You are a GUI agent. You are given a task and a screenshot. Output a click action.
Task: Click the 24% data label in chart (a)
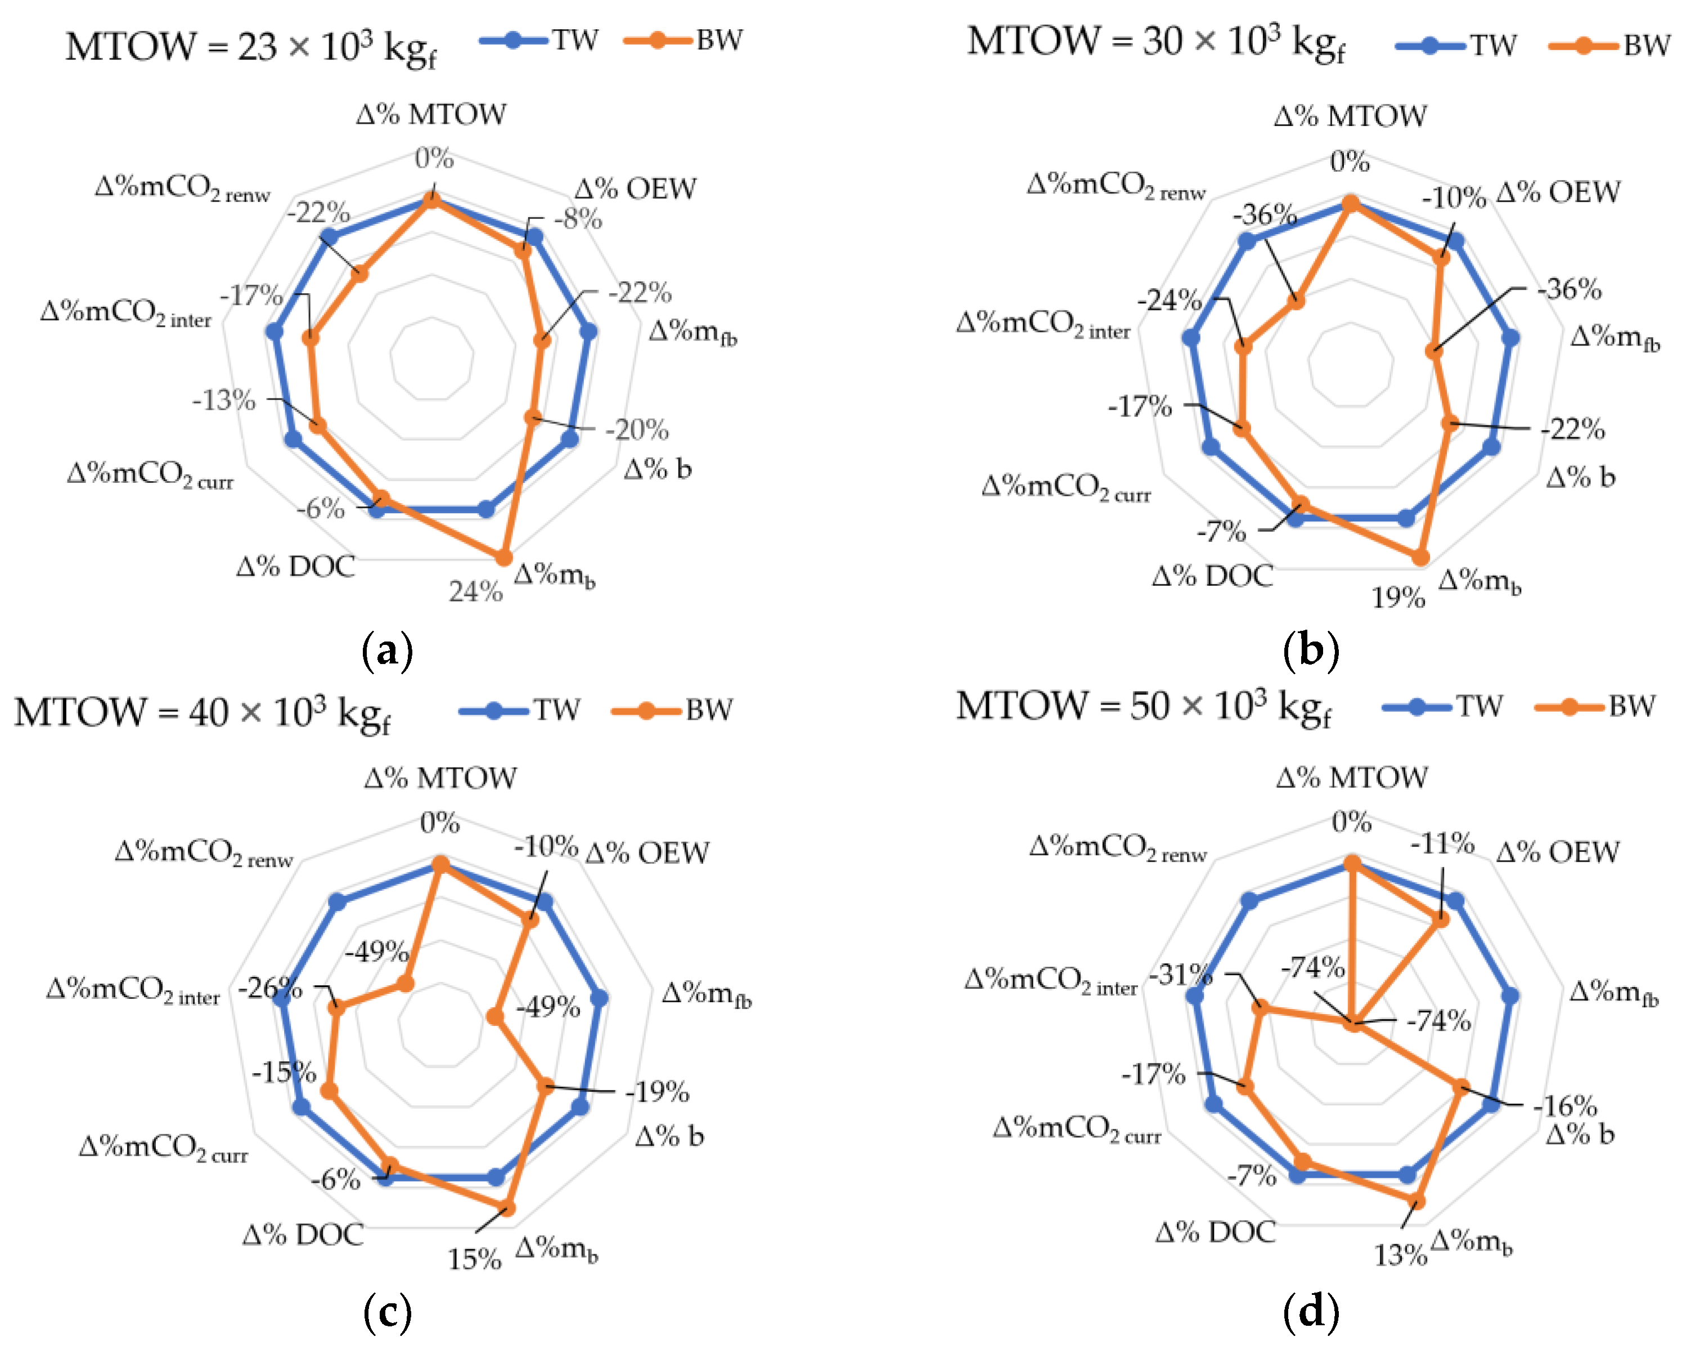tap(475, 591)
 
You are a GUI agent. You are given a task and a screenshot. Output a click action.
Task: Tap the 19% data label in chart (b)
tap(1398, 598)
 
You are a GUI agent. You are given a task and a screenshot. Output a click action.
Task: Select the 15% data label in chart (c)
tap(474, 1259)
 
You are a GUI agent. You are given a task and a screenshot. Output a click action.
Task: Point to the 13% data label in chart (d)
tap(1400, 1255)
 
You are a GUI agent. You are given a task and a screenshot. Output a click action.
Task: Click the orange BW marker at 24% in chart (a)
tap(503, 557)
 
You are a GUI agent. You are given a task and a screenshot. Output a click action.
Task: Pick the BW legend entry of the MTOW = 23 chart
tap(684, 40)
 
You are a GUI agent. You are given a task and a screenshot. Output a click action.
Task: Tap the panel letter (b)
tap(1311, 649)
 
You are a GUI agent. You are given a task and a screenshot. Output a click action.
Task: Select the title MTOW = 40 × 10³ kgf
tap(202, 712)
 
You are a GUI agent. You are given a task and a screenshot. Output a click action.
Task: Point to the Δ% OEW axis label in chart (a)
tap(635, 189)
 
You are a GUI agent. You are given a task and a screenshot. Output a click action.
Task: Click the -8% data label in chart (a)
tap(578, 220)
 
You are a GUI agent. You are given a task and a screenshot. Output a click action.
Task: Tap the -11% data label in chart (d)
tap(1442, 844)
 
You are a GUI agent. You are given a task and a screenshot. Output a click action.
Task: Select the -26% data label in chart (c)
tap(269, 989)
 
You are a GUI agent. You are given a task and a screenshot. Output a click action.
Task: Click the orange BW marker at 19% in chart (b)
tap(1420, 557)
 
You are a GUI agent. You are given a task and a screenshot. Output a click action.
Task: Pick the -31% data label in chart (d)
tap(1180, 974)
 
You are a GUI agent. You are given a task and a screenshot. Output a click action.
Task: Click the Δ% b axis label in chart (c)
tap(669, 1136)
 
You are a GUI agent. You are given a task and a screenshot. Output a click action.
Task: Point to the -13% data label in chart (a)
tap(224, 400)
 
